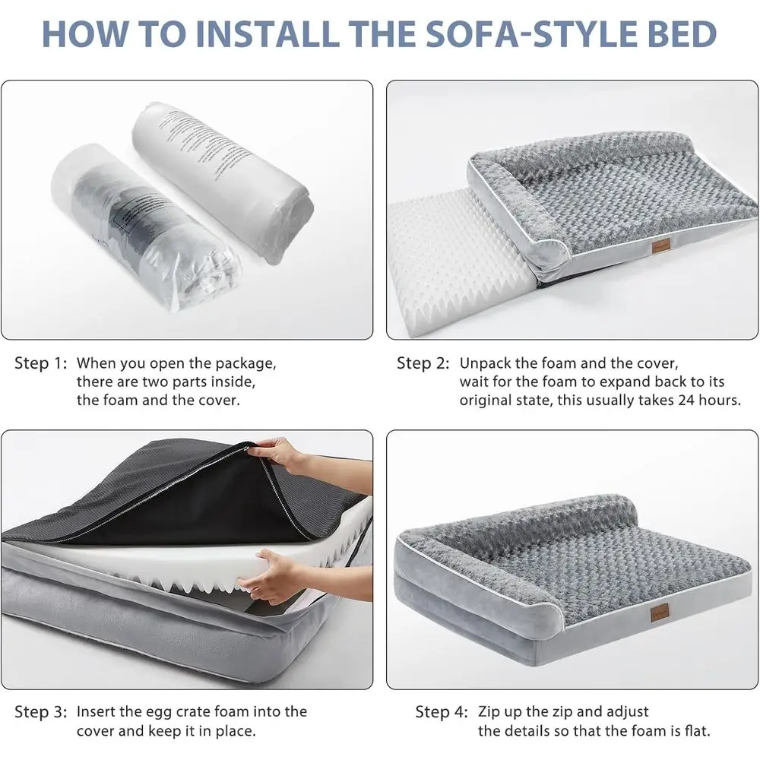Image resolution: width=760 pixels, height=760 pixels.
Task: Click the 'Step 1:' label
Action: (x=41, y=363)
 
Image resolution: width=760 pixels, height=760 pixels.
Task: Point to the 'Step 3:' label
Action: (x=41, y=712)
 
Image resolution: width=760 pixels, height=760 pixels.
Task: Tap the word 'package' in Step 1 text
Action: (x=242, y=363)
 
